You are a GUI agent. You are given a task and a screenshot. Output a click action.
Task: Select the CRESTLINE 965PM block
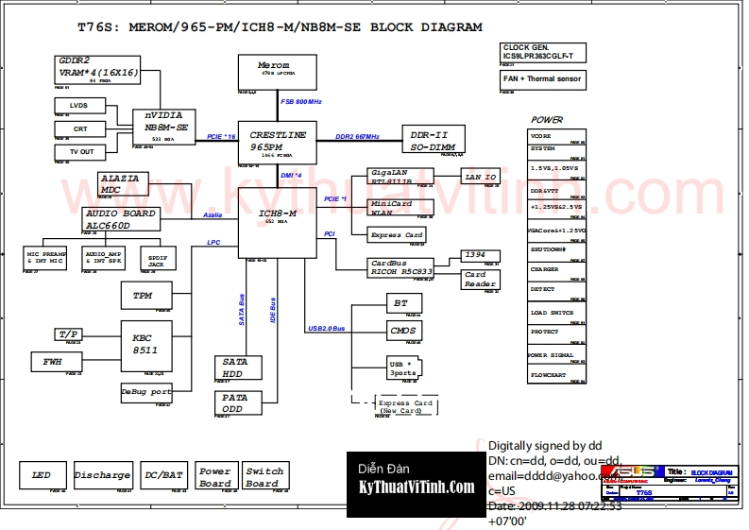coord(278,141)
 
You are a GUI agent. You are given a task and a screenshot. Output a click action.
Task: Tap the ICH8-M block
coord(278,220)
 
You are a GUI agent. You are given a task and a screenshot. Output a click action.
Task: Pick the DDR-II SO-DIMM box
coord(433,141)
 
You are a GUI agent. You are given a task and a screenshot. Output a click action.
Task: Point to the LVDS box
coord(79,105)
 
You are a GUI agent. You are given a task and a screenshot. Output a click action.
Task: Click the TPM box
coord(143,296)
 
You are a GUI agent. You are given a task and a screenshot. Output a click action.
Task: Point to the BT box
coord(400,303)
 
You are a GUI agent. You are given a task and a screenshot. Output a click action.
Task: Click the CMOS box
coord(403,331)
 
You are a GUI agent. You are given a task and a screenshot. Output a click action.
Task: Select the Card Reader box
coord(480,280)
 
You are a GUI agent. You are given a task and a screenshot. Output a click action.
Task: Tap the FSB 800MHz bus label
coord(301,101)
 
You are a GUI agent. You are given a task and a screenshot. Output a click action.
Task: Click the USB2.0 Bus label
coord(327,328)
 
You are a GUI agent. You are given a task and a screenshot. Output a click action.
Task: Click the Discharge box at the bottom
coord(102,475)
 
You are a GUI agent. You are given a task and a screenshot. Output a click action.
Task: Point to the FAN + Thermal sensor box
coord(542,79)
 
